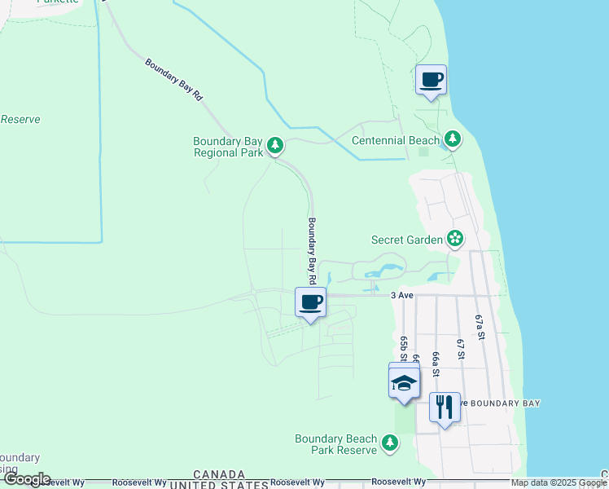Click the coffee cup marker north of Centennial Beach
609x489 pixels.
pyautogui.click(x=431, y=80)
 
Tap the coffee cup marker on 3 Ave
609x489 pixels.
pyautogui.click(x=310, y=302)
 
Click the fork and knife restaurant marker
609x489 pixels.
pyautogui.click(x=444, y=407)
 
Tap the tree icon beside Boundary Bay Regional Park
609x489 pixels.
pyautogui.click(x=276, y=146)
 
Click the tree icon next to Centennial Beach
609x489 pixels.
pyautogui.click(x=453, y=140)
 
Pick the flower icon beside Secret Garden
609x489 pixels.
pyautogui.click(x=455, y=239)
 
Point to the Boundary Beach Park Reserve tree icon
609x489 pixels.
pyautogui.click(x=392, y=443)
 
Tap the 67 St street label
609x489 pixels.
pyautogui.click(x=460, y=348)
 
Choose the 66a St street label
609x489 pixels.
pyautogui.click(x=436, y=364)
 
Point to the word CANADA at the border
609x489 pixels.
pyautogui.click(x=219, y=474)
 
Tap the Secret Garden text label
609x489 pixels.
pyautogui.click(x=406, y=240)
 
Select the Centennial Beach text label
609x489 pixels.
pyautogui.click(x=395, y=140)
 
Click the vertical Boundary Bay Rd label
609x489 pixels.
pyautogui.click(x=311, y=249)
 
